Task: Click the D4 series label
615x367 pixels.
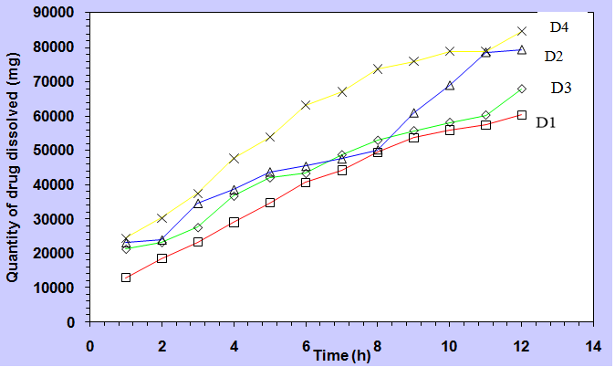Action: click(560, 26)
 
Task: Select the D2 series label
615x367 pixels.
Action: click(553, 57)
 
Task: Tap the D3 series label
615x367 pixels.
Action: click(561, 88)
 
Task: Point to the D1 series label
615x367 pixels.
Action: click(547, 121)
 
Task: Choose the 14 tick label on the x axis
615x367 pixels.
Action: click(593, 347)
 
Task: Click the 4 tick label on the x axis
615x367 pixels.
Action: click(234, 347)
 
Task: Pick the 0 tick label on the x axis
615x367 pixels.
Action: click(89, 347)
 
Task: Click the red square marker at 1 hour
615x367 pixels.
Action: click(126, 278)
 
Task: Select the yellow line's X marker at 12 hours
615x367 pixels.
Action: click(522, 32)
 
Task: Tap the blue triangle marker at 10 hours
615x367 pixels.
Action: click(450, 85)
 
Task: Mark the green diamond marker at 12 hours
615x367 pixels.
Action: click(522, 89)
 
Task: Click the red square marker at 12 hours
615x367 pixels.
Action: click(522, 115)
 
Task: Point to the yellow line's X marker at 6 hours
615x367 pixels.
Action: click(306, 105)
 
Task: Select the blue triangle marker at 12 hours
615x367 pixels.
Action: click(522, 49)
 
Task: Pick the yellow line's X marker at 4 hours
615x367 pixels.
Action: click(234, 158)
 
